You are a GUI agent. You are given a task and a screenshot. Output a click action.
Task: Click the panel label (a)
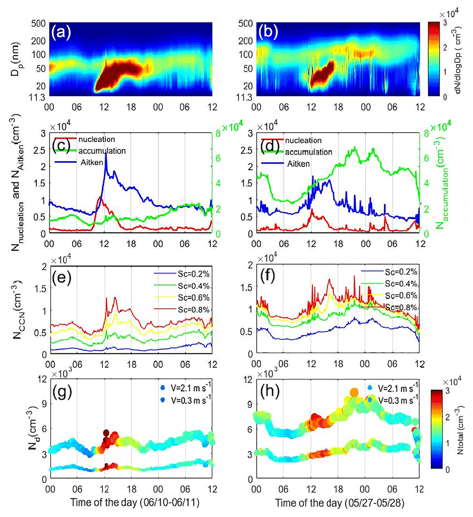61,32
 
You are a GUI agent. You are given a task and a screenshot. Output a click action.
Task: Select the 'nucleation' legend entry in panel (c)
96,140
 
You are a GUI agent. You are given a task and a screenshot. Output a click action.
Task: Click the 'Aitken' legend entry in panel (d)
298,164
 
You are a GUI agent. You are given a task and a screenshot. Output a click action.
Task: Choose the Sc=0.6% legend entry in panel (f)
401,295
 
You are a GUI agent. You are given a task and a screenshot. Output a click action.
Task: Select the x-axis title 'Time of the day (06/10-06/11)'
134,503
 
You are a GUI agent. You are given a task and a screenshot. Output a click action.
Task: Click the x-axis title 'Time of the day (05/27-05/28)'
340,503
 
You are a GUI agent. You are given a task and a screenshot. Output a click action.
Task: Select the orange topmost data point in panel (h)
354,393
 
